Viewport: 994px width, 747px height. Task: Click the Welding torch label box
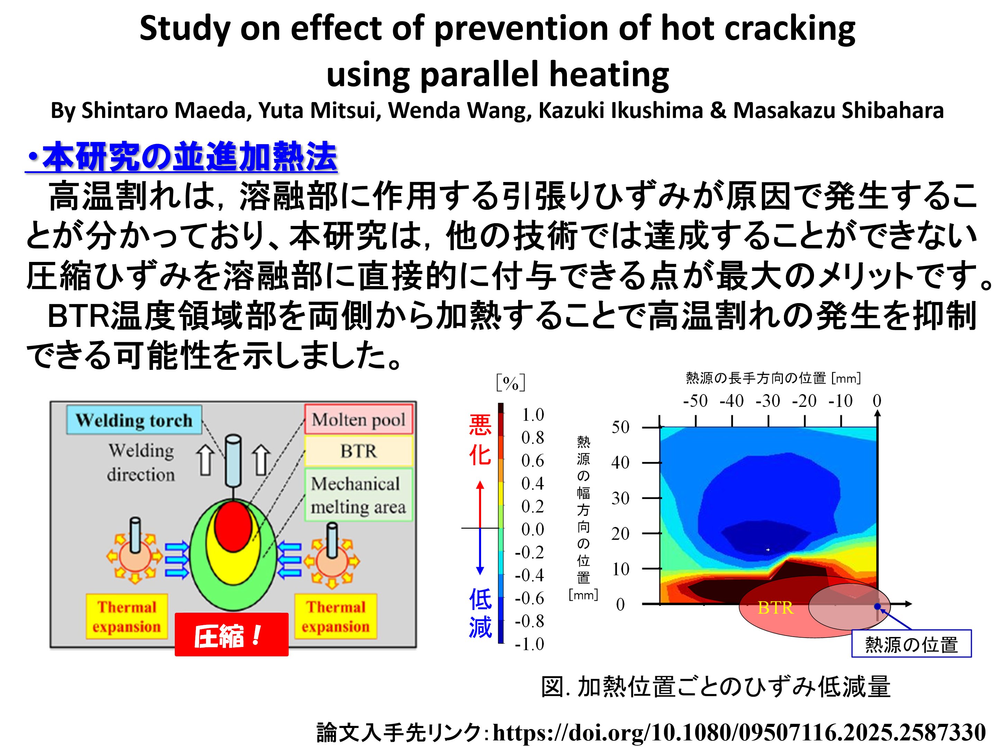point(134,420)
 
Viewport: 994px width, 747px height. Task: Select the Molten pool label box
point(358,420)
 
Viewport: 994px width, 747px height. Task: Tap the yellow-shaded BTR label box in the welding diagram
point(358,451)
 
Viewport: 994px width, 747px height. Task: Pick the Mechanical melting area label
point(358,495)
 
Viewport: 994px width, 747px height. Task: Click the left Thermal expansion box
point(127,616)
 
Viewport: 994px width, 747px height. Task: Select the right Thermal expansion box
point(335,616)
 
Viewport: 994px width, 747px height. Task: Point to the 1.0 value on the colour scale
point(533,415)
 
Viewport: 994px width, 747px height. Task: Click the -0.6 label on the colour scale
point(529,598)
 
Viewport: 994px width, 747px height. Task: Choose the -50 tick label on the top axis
point(695,401)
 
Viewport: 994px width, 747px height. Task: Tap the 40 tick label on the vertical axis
point(620,462)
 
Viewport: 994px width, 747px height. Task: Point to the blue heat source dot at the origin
point(877,607)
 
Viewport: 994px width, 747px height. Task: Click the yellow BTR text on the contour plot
point(775,608)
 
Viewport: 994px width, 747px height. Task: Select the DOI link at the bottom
point(739,732)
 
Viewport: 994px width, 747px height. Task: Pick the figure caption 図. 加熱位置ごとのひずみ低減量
point(715,686)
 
